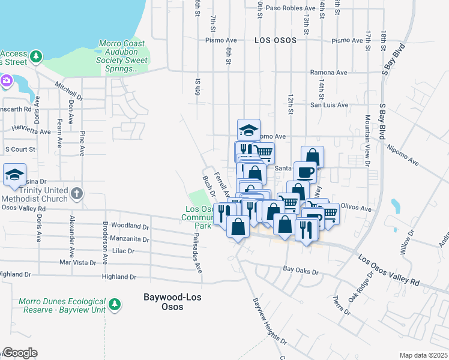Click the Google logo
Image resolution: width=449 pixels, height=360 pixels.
pyautogui.click(x=20, y=353)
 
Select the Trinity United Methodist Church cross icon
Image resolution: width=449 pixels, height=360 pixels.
pyautogui.click(x=76, y=193)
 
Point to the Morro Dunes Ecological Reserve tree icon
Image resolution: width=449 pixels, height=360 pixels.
pyautogui.click(x=114, y=305)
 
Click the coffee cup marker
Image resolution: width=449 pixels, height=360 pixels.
pyautogui.click(x=304, y=172)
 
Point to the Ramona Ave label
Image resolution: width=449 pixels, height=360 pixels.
pyautogui.click(x=328, y=73)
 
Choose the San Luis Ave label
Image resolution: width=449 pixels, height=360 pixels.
pyautogui.click(x=328, y=105)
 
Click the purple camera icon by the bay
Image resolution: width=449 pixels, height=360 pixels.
pyautogui.click(x=7, y=80)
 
